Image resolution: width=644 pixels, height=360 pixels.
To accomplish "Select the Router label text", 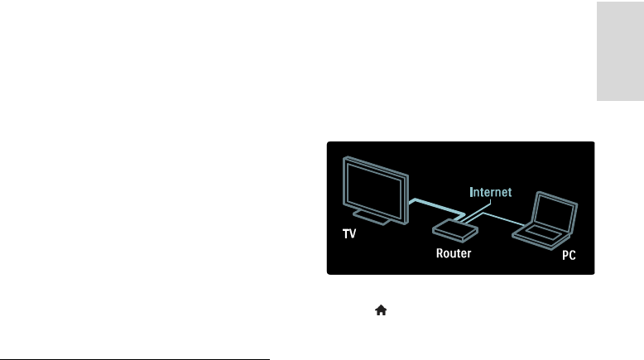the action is [454, 253].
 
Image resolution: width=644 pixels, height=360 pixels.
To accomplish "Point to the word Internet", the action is [491, 192].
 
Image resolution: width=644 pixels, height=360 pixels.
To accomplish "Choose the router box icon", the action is [452, 228].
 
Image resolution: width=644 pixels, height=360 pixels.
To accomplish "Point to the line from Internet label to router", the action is [474, 212].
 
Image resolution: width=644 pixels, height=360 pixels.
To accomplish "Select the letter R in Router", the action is [440, 253].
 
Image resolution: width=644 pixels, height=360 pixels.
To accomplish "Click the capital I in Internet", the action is [472, 192].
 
